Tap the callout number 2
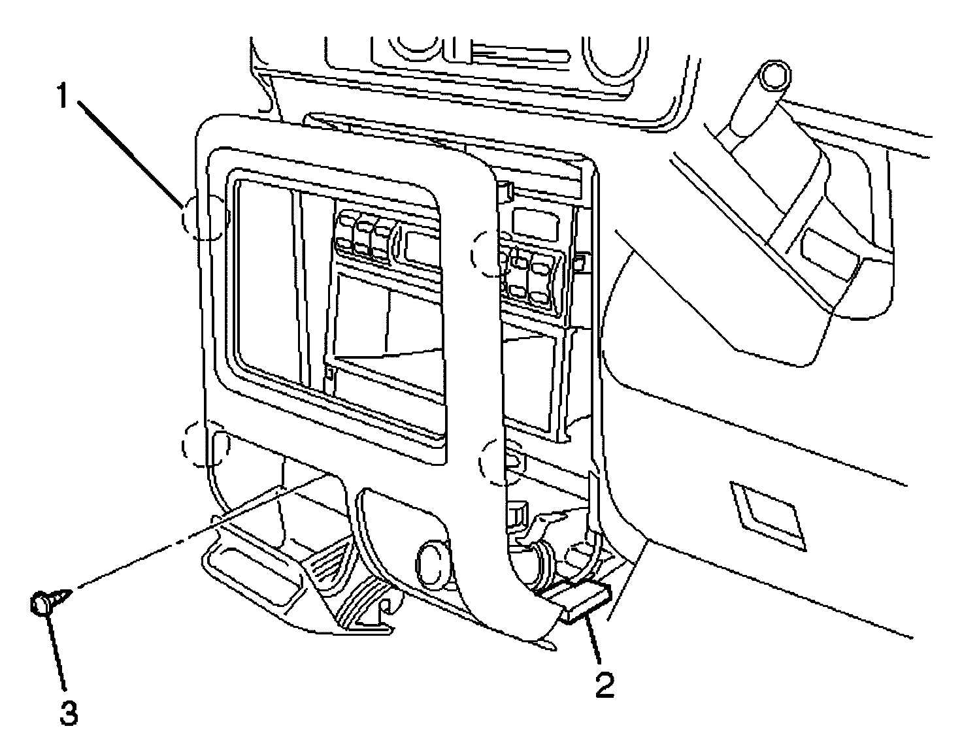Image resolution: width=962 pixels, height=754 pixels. pos(604,685)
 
